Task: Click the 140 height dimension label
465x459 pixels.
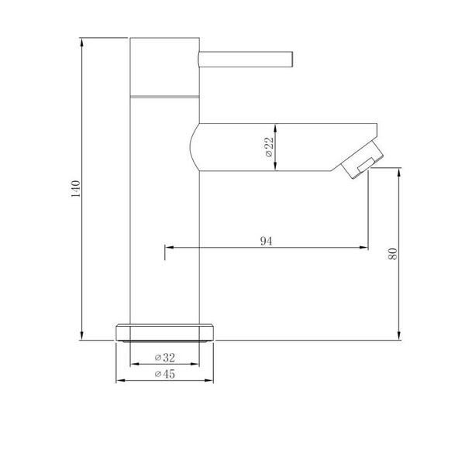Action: click(x=76, y=189)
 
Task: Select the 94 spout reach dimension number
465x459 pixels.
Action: click(x=266, y=241)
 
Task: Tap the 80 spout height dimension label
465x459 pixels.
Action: click(x=392, y=254)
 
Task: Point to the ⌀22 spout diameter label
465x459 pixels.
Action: click(x=269, y=147)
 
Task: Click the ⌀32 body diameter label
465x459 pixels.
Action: click(x=165, y=358)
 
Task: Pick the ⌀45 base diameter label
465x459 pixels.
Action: click(x=165, y=374)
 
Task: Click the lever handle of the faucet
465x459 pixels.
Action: click(x=246, y=60)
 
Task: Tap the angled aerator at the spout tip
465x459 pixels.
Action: click(x=362, y=160)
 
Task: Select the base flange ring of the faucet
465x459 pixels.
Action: click(x=164, y=333)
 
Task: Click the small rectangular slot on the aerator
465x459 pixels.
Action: click(x=367, y=165)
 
